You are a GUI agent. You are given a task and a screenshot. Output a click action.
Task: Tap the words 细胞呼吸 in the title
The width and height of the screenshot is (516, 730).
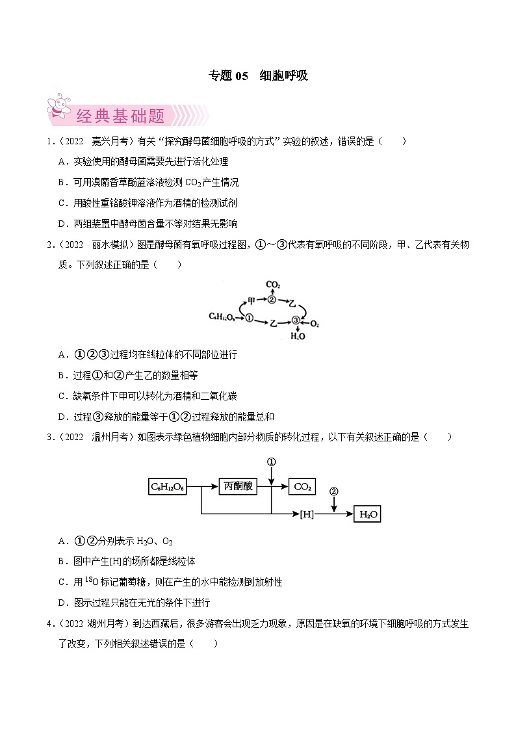[x=283, y=75]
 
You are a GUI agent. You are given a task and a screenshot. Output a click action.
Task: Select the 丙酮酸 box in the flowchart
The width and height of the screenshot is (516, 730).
[x=237, y=486]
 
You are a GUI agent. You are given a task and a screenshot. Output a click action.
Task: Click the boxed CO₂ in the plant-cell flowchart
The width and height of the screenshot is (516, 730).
[x=303, y=486]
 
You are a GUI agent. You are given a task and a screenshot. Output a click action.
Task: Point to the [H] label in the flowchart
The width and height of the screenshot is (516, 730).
[x=307, y=514]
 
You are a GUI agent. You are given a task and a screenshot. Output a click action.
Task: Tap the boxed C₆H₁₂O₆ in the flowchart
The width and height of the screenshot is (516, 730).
[x=168, y=486]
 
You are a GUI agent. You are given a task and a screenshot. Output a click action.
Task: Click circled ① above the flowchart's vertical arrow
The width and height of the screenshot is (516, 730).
[x=272, y=462]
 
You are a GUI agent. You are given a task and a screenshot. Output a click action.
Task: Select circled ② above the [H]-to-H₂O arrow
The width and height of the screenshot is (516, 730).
[x=334, y=491]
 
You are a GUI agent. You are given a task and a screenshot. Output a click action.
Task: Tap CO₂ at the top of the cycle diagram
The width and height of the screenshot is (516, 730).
[x=273, y=285]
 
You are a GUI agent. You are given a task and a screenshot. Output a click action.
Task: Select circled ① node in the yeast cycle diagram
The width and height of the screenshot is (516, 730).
[x=248, y=317]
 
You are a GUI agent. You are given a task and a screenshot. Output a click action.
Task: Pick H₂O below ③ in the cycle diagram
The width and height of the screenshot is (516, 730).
[x=296, y=336]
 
